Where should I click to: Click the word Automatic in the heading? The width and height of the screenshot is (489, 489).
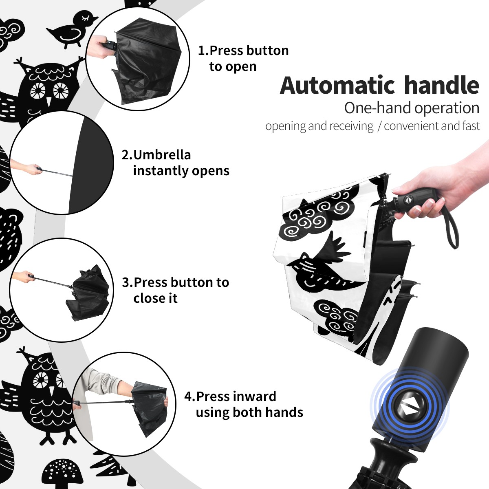(x=337, y=86)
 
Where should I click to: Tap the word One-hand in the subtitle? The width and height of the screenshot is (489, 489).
(x=378, y=108)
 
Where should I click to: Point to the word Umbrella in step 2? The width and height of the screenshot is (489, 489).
(x=162, y=155)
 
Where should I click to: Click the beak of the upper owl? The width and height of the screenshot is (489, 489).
(x=49, y=101)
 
